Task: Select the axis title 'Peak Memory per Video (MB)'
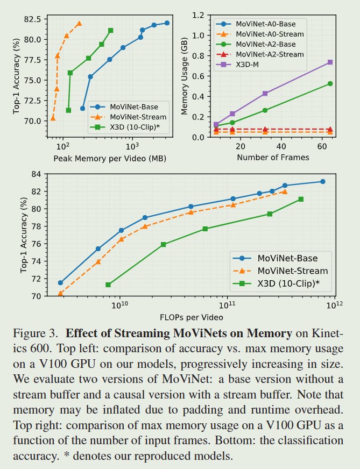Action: click(109, 158)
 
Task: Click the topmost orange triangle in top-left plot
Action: click(79, 24)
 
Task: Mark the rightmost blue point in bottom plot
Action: click(322, 182)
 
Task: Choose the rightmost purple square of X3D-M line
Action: click(330, 62)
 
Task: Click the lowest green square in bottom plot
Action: click(108, 285)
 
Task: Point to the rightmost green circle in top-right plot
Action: click(330, 83)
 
